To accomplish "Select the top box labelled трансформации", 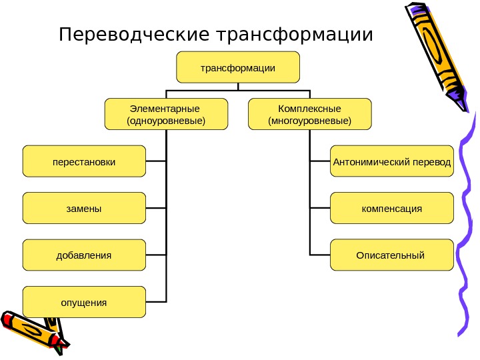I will pos(238,67).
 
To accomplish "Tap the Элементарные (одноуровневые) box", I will pos(166,113).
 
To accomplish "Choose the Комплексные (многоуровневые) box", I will pos(309,113).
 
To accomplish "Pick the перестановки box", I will pos(84,161).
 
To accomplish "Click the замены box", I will pos(84,208).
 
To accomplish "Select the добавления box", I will pos(84,255).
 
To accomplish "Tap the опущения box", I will pos(84,302).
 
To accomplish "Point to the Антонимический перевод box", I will pos(392,161).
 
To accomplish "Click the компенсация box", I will pos(392,208).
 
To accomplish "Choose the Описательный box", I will pos(392,255).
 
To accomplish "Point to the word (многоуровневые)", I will pos(309,121).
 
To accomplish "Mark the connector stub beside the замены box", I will pos(156,208).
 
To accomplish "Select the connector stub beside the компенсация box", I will pos(320,208).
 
